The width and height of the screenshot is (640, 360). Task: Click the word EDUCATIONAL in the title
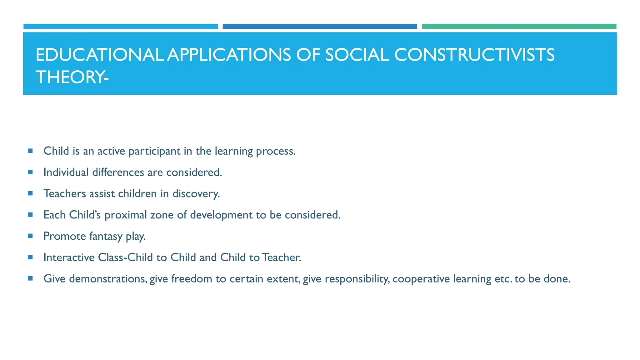point(99,55)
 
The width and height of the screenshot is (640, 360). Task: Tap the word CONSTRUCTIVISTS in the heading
point(474,55)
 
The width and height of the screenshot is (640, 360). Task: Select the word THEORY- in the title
point(72,77)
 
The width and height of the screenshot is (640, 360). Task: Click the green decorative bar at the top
point(519,27)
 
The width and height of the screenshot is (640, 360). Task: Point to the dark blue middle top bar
point(320,27)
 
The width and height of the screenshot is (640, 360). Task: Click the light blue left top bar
point(121,27)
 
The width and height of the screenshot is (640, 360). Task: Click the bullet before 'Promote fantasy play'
point(30,236)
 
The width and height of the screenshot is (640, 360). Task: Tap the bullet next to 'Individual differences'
point(30,172)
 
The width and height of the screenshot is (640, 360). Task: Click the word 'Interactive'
point(69,257)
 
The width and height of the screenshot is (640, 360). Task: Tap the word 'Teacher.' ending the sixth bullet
point(281,257)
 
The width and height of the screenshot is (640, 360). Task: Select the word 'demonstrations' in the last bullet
point(108,279)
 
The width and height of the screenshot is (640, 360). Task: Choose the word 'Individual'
point(66,172)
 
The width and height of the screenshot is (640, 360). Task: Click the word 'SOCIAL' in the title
point(357,55)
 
